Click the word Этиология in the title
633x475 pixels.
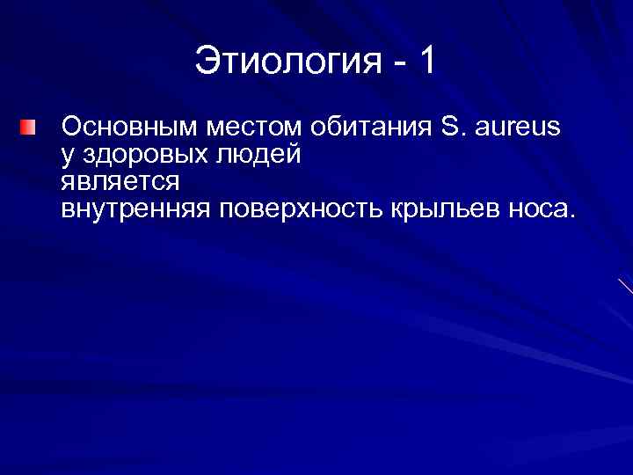tap(287, 62)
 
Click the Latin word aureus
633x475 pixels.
tap(516, 128)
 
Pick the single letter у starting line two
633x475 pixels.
tap(68, 157)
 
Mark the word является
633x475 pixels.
tap(120, 183)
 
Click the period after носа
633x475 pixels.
tap(572, 216)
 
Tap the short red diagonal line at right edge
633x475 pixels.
tap(625, 286)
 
